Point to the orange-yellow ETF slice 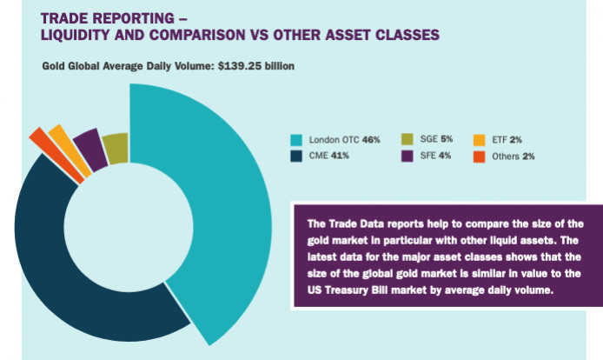(x=58, y=139)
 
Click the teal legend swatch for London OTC (x=296, y=139)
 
